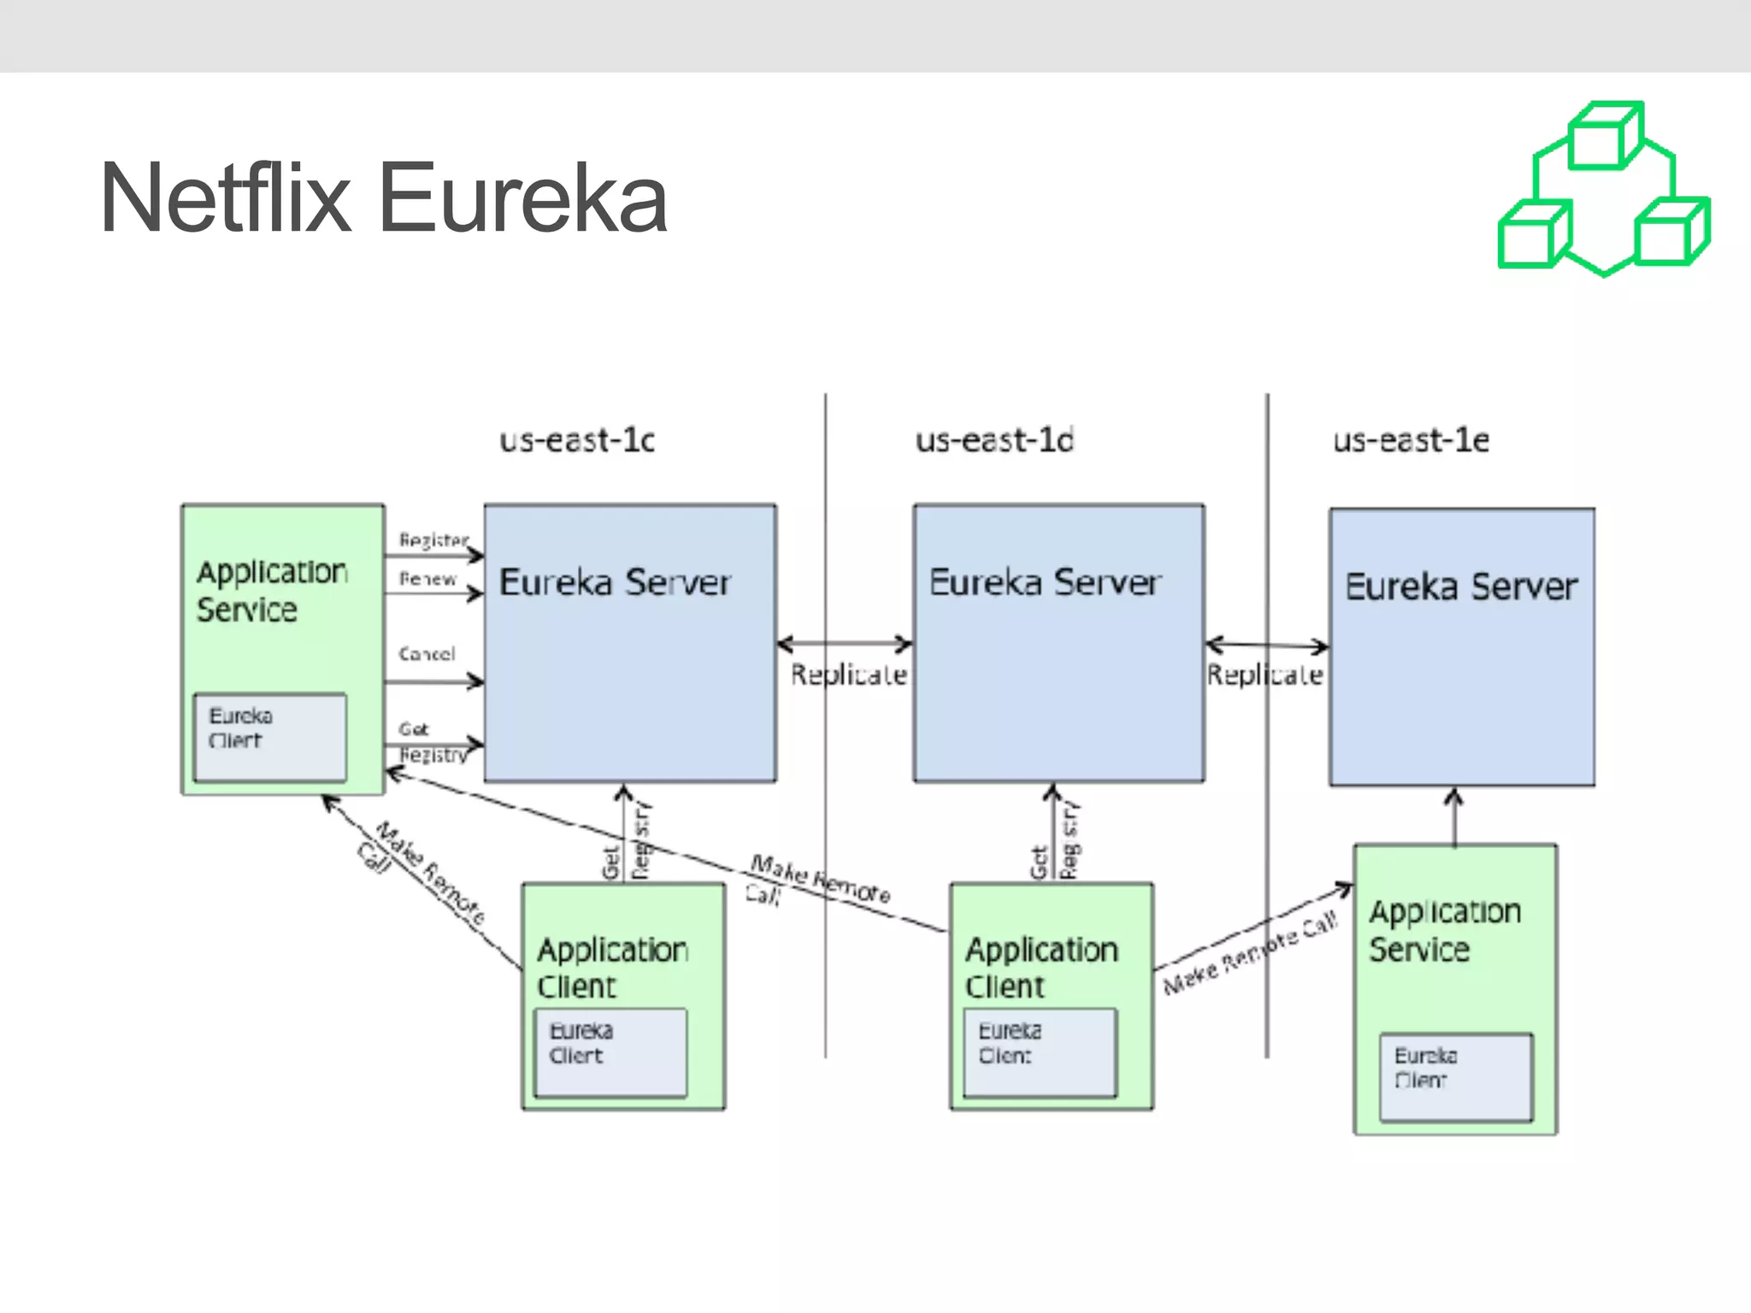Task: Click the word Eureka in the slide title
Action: tap(522, 198)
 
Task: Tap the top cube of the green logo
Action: tap(1605, 137)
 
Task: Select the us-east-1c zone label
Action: tap(577, 440)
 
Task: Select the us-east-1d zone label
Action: tap(994, 440)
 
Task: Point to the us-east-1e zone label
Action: tap(1411, 440)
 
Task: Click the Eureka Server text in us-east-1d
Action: tap(1045, 582)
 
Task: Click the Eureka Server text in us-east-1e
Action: tap(1461, 586)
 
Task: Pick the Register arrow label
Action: tap(433, 540)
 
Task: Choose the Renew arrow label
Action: tap(427, 579)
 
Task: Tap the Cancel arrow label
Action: tap(427, 654)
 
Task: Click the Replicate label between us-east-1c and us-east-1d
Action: tap(848, 674)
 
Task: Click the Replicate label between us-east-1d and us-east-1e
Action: tap(1265, 674)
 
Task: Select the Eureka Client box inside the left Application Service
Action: tap(270, 737)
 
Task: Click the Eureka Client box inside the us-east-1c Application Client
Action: tap(610, 1052)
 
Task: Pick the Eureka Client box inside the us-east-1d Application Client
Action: tap(1040, 1052)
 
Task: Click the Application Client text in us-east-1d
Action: tap(1041, 967)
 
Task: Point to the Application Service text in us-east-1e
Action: tap(1444, 930)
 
